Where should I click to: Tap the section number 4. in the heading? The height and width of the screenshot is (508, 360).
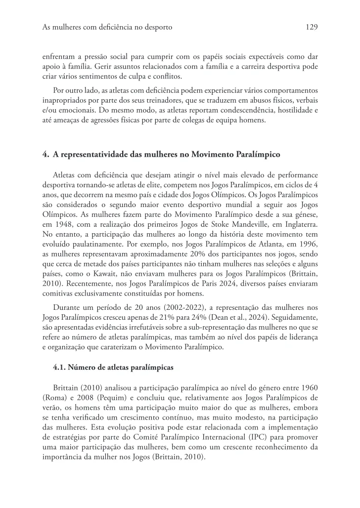[45, 155]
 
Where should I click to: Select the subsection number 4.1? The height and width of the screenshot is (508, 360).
[59, 367]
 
